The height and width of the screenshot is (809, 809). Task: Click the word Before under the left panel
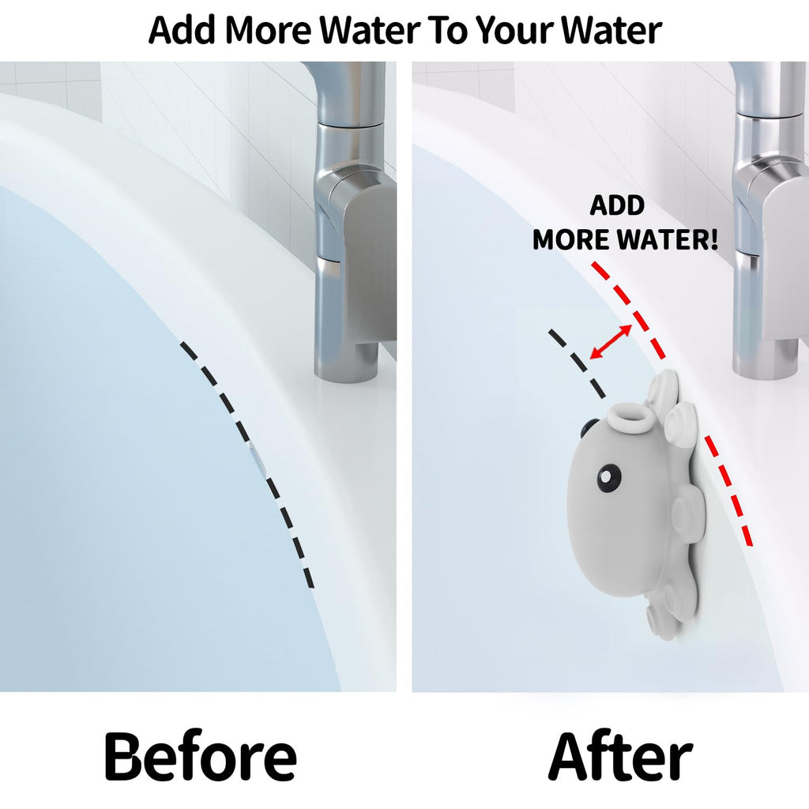[201, 757]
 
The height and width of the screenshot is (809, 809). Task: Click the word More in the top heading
[269, 31]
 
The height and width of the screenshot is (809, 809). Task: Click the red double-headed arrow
[611, 341]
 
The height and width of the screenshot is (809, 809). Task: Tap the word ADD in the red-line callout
[617, 205]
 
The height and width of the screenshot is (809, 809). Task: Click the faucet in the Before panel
[351, 222]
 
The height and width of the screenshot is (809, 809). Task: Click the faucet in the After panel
[769, 222]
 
